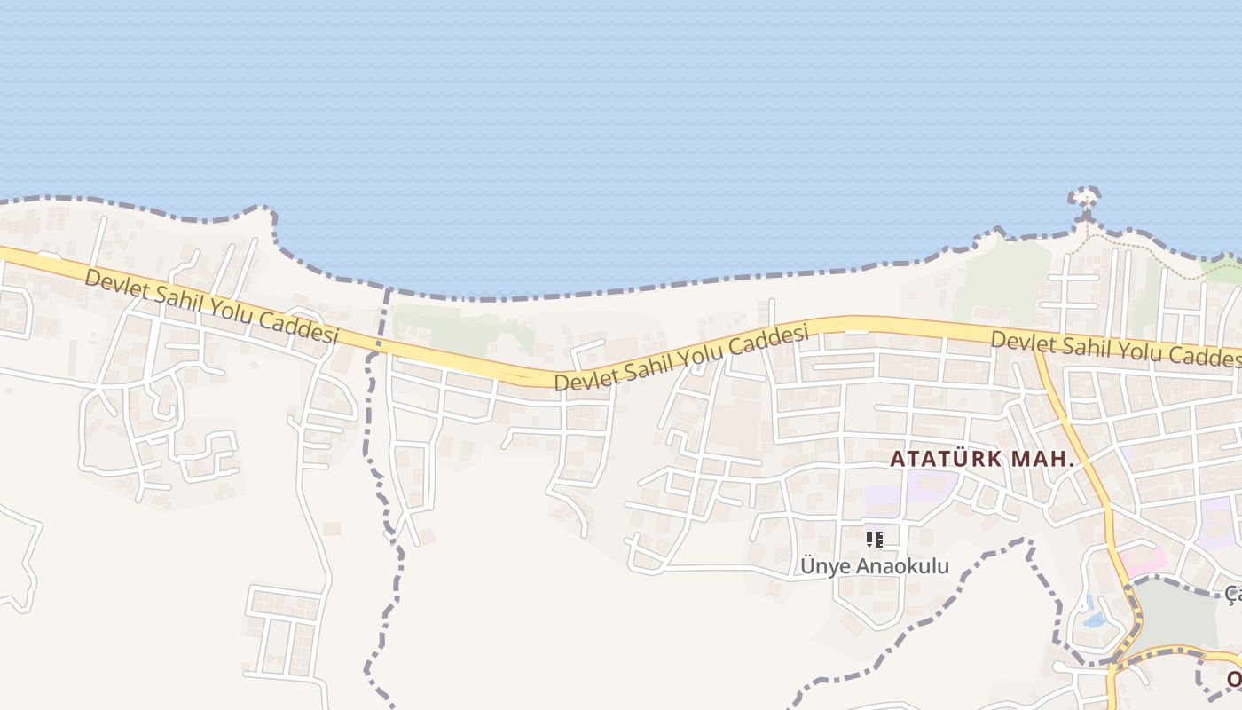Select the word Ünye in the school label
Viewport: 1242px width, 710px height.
(820, 566)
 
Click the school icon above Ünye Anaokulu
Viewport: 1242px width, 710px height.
(875, 539)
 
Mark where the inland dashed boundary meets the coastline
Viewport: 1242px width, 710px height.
(388, 289)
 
